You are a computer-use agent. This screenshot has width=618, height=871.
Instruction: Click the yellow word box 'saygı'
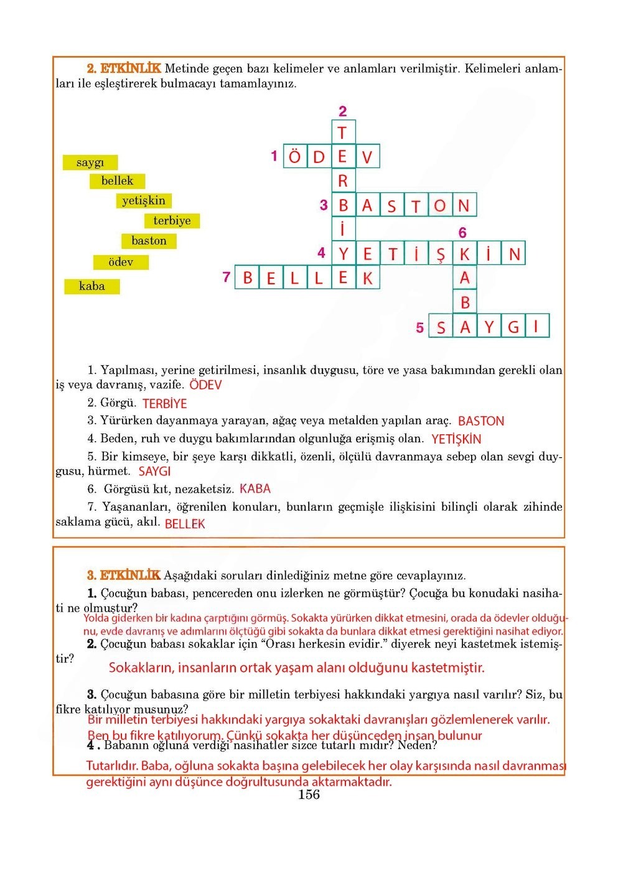pyautogui.click(x=90, y=162)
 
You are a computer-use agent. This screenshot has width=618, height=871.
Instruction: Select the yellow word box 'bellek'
pyautogui.click(x=118, y=181)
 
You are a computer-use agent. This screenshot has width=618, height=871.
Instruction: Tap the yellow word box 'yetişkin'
pyautogui.click(x=144, y=200)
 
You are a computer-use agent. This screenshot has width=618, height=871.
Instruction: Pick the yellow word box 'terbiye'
pyautogui.click(x=172, y=221)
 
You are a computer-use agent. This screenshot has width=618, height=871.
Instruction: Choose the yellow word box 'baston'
pyautogui.click(x=149, y=241)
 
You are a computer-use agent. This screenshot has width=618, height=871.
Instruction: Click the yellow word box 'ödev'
pyautogui.click(x=121, y=262)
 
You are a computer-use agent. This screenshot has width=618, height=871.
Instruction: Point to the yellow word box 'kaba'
pyautogui.click(x=91, y=286)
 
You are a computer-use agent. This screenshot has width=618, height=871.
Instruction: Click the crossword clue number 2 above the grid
pyautogui.click(x=342, y=111)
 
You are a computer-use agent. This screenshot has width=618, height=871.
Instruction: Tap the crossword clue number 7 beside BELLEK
pyautogui.click(x=227, y=277)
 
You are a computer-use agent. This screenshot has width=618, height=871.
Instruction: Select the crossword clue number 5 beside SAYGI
pyautogui.click(x=420, y=327)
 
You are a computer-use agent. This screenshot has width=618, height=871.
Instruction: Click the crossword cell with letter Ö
pyautogui.click(x=295, y=156)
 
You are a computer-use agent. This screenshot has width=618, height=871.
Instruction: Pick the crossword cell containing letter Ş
pyautogui.click(x=440, y=254)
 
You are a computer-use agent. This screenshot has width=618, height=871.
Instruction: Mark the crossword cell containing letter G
pyautogui.click(x=513, y=326)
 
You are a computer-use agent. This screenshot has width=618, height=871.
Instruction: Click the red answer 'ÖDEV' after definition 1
pyautogui.click(x=205, y=385)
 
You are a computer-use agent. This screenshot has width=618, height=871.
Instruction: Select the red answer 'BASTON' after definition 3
pyautogui.click(x=480, y=421)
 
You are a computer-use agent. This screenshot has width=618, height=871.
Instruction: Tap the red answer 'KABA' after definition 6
pyautogui.click(x=255, y=489)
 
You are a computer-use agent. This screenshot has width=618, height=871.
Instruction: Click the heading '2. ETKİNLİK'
pyautogui.click(x=124, y=68)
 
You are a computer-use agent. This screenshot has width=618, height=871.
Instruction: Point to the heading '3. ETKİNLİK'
pyautogui.click(x=124, y=575)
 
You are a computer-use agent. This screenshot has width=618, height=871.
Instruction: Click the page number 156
pyautogui.click(x=309, y=794)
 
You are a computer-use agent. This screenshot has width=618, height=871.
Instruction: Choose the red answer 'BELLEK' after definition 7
pyautogui.click(x=185, y=524)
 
